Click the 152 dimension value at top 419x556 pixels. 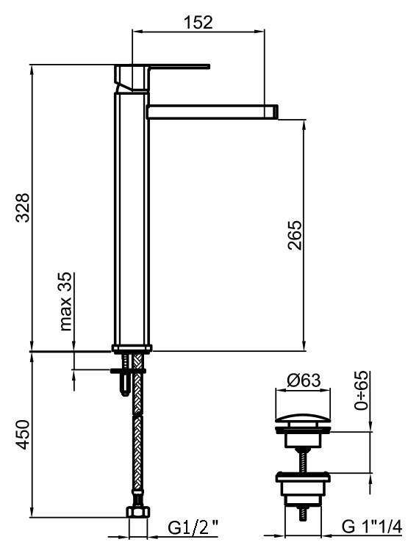197,22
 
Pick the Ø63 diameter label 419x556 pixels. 303,381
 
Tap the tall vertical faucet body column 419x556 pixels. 132,220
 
